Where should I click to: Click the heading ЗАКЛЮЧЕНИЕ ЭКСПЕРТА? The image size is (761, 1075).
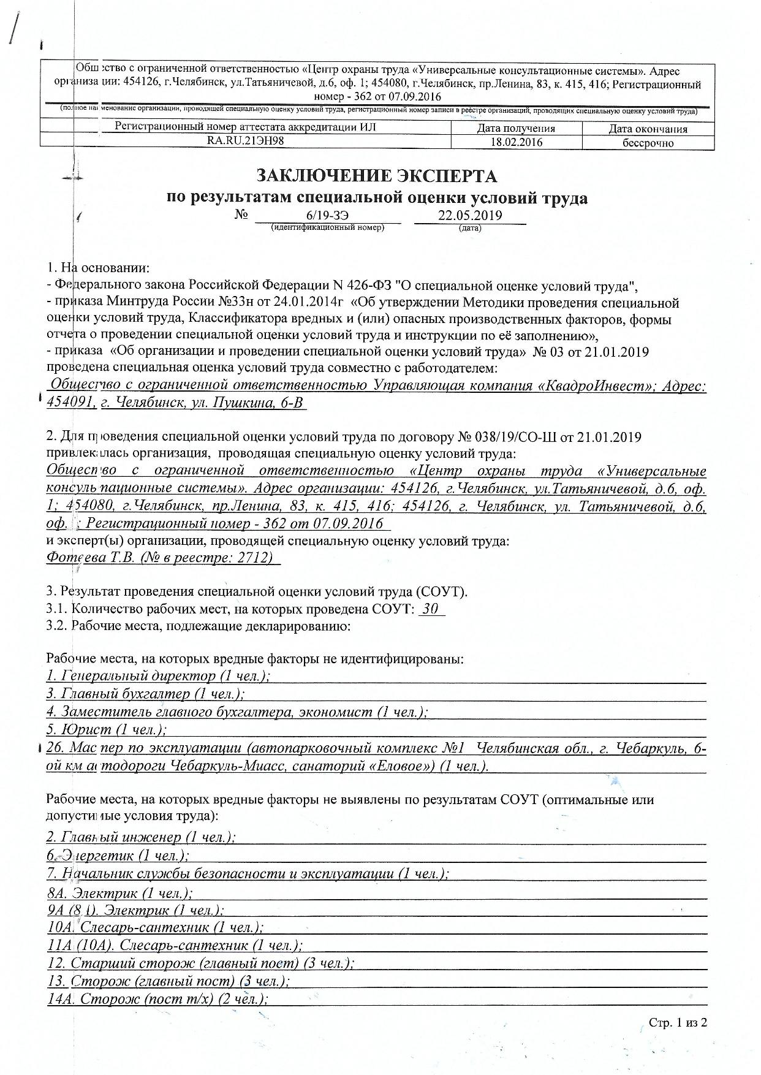click(x=376, y=176)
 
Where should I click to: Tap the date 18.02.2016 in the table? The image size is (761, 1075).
click(x=516, y=142)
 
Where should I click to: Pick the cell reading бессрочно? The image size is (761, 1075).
click(x=648, y=143)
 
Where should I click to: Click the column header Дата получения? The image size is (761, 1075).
click(x=516, y=129)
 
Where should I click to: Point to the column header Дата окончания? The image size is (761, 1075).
click(x=648, y=129)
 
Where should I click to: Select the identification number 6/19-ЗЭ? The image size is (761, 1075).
click(x=327, y=216)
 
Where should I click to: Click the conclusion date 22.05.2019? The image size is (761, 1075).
click(x=470, y=216)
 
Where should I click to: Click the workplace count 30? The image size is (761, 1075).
click(x=431, y=610)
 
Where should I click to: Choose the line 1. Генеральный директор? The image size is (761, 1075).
click(x=158, y=676)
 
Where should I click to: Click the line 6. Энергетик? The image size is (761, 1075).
click(x=117, y=855)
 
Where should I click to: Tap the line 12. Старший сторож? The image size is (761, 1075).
click(x=200, y=963)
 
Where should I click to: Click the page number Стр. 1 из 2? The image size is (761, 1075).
click(x=678, y=1023)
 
